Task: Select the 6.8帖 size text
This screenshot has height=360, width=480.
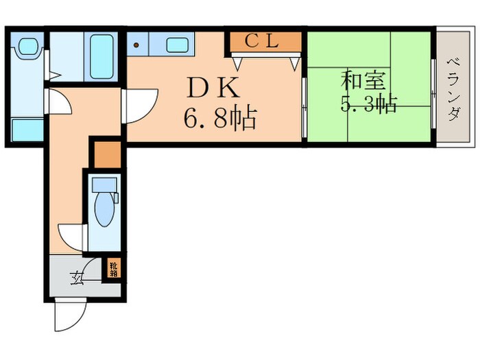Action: click(219, 119)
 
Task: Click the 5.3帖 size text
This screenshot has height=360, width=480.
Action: click(369, 105)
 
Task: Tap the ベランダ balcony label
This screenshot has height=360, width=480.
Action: click(453, 89)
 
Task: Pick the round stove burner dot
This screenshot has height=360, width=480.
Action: click(136, 46)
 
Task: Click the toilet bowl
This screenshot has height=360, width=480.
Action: click(105, 209)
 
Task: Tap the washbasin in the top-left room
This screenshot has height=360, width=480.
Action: click(28, 47)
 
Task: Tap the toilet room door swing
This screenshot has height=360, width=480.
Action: click(72, 237)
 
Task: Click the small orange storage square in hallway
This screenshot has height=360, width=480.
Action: click(106, 154)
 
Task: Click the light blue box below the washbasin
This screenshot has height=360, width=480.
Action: click(27, 129)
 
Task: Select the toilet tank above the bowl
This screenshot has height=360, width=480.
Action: click(104, 183)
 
